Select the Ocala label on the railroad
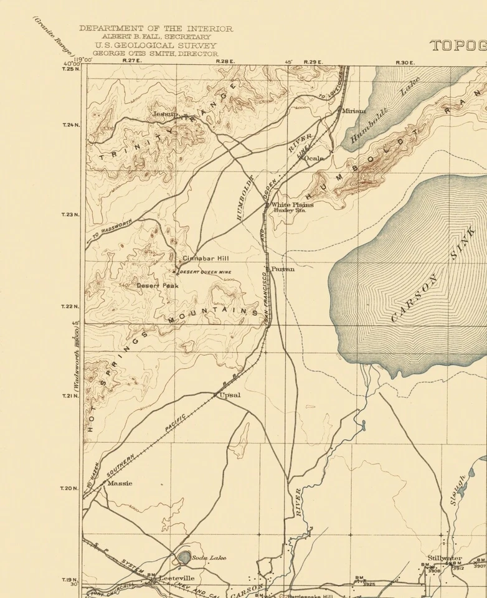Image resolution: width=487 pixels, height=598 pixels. (314, 158)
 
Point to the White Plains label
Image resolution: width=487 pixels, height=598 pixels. (292, 204)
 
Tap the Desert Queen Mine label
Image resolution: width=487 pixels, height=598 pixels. (206, 272)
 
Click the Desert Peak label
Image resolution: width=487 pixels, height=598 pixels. (158, 285)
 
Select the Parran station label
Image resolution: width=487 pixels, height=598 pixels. (283, 269)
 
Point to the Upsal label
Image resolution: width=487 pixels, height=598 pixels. (230, 395)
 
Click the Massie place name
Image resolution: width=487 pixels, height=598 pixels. (120, 483)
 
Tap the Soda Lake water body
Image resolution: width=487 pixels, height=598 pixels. (185, 557)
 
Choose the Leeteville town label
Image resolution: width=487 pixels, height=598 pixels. (176, 578)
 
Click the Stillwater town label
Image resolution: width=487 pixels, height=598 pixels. (445, 558)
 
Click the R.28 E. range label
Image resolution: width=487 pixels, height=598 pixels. (224, 61)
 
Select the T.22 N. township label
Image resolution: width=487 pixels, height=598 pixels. (71, 306)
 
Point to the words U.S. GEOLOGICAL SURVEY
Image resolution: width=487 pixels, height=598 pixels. (156, 45)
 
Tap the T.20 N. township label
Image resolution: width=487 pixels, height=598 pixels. (71, 488)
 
